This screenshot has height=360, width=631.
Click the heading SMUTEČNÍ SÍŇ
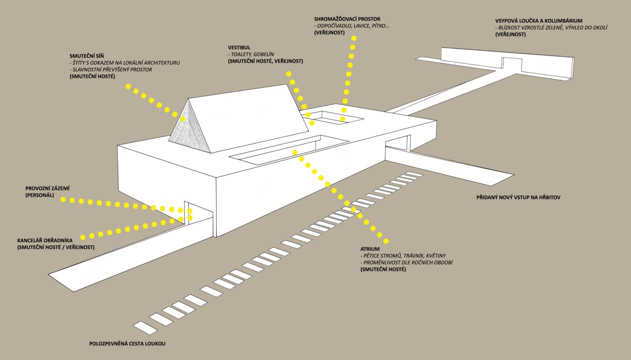pyautogui.click(x=87, y=55)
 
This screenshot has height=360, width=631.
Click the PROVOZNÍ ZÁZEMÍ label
pyautogui.click(x=48, y=188)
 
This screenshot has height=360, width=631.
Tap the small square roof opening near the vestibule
pyautogui.click(x=336, y=117)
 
